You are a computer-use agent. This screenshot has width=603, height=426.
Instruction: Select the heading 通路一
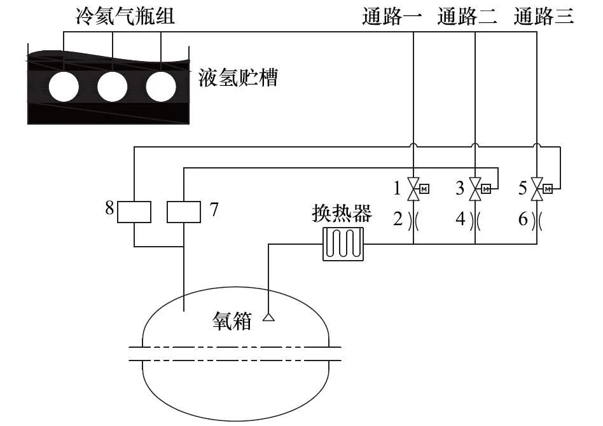click(x=392, y=16)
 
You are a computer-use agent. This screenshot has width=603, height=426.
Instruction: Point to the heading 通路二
click(x=468, y=16)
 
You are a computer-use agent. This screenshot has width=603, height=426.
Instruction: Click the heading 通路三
click(x=544, y=16)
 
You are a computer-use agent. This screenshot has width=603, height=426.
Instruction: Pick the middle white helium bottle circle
click(x=112, y=87)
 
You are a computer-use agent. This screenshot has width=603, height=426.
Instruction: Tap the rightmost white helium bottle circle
click(x=160, y=87)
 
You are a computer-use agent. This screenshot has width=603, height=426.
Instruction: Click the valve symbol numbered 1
click(x=414, y=188)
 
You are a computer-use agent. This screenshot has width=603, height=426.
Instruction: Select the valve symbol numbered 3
click(x=475, y=188)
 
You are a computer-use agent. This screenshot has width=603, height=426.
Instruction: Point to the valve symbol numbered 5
click(x=536, y=188)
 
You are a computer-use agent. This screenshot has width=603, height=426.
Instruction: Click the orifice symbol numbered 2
click(x=414, y=220)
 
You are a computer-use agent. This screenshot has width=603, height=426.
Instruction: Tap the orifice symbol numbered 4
click(x=475, y=220)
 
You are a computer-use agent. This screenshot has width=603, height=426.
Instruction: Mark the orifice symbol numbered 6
click(x=536, y=220)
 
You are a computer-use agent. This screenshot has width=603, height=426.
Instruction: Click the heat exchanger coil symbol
click(x=343, y=245)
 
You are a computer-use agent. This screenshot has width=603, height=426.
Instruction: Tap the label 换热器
click(x=342, y=214)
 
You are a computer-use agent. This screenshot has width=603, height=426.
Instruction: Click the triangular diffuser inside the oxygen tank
click(x=268, y=316)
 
